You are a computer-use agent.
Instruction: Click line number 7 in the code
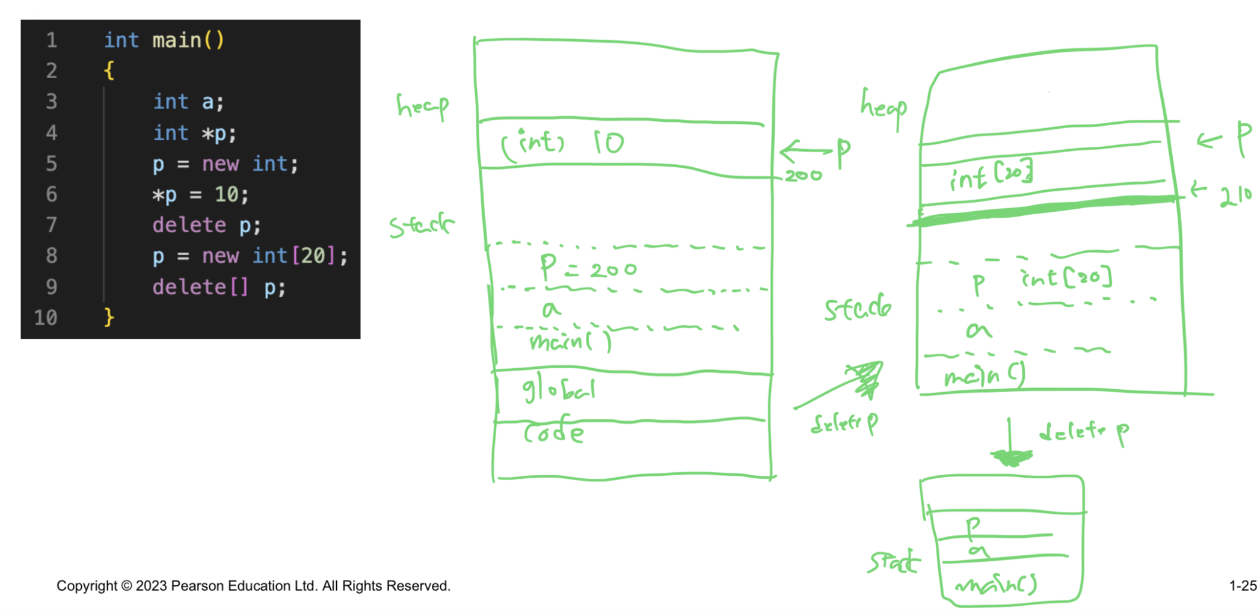(x=52, y=225)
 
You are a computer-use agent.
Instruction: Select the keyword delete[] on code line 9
(x=200, y=287)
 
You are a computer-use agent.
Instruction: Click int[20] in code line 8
(x=293, y=256)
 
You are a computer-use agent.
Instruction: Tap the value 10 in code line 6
(x=227, y=194)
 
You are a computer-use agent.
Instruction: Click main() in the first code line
(x=188, y=40)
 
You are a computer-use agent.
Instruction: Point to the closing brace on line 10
(x=109, y=317)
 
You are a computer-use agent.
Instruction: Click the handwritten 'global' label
(x=558, y=390)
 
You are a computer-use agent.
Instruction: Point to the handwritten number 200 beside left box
(x=803, y=176)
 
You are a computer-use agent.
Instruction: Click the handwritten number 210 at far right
(x=1235, y=196)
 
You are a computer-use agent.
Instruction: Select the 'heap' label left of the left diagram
(x=422, y=106)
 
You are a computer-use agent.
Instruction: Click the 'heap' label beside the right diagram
(x=883, y=107)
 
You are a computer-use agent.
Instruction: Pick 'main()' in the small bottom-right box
(x=997, y=584)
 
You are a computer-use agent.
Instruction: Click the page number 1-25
(x=1243, y=585)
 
